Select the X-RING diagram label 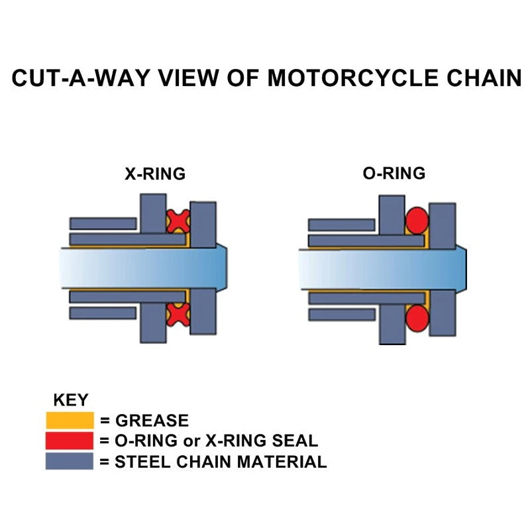click(155, 174)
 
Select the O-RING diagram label click(394, 174)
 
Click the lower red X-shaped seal click(178, 314)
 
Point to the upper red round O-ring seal click(417, 221)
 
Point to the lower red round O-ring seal click(417, 317)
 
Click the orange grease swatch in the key click(69, 421)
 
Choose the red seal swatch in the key click(69, 441)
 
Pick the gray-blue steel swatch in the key click(69, 461)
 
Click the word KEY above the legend click(70, 400)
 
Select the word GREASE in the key click(152, 421)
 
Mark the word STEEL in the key click(141, 462)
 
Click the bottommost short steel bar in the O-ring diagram click(342, 314)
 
